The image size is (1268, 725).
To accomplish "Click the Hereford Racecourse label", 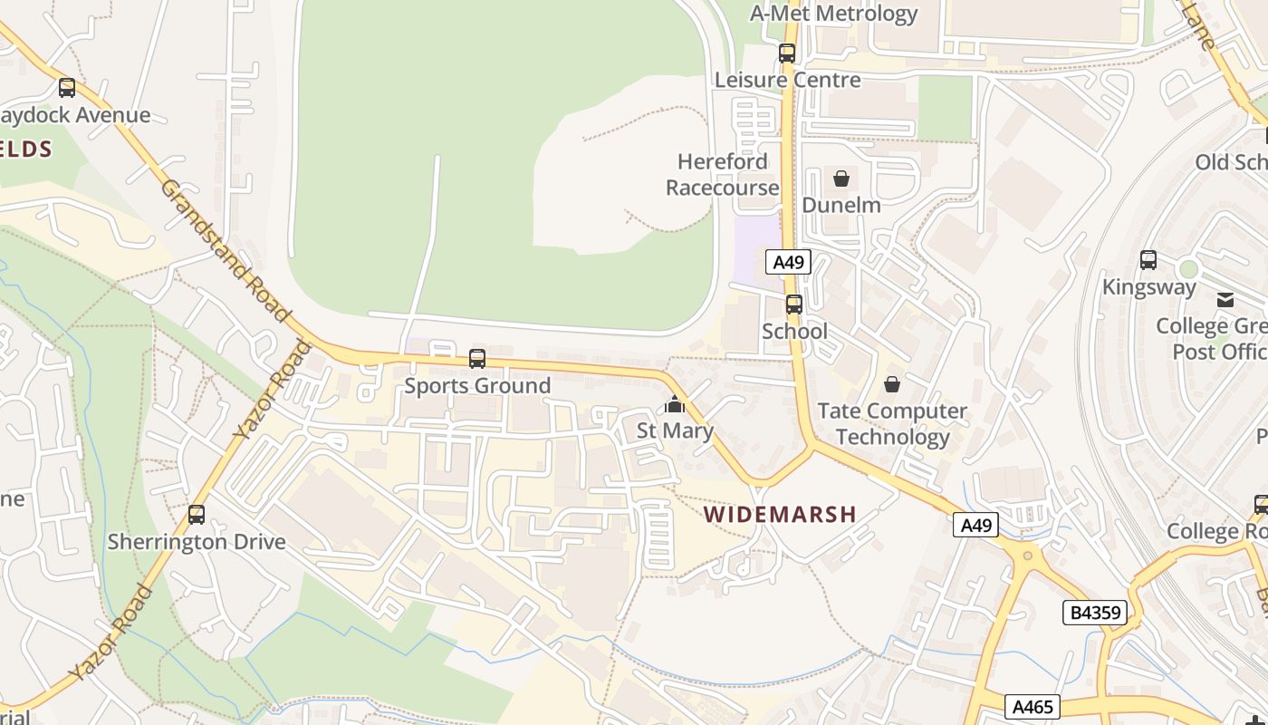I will click(723, 174).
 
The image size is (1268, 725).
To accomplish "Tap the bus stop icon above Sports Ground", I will click(477, 359).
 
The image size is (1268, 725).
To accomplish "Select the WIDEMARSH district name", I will click(781, 514).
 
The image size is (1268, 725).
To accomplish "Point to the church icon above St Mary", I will click(675, 404).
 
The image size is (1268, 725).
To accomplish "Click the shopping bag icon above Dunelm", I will click(841, 179).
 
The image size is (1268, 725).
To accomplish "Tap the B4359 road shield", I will click(1095, 613).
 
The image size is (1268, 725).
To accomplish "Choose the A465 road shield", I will click(1033, 706).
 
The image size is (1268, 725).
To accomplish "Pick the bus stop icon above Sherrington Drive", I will click(197, 515).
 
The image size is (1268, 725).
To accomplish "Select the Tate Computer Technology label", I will click(892, 423).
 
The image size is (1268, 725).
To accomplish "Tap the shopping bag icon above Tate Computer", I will click(892, 385).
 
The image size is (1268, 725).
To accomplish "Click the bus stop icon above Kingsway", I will click(1148, 260).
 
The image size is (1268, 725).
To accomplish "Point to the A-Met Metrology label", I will click(833, 14).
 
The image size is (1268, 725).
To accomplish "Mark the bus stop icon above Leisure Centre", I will click(787, 53).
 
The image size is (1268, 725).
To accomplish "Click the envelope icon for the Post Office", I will click(1225, 300).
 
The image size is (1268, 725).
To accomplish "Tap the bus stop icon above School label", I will click(794, 304).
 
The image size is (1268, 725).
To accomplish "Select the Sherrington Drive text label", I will click(197, 542).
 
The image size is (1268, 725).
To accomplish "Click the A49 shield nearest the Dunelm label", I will click(788, 263).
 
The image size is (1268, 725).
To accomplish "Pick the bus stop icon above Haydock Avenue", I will click(67, 88).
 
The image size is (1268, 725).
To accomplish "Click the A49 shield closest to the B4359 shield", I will click(975, 525).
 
